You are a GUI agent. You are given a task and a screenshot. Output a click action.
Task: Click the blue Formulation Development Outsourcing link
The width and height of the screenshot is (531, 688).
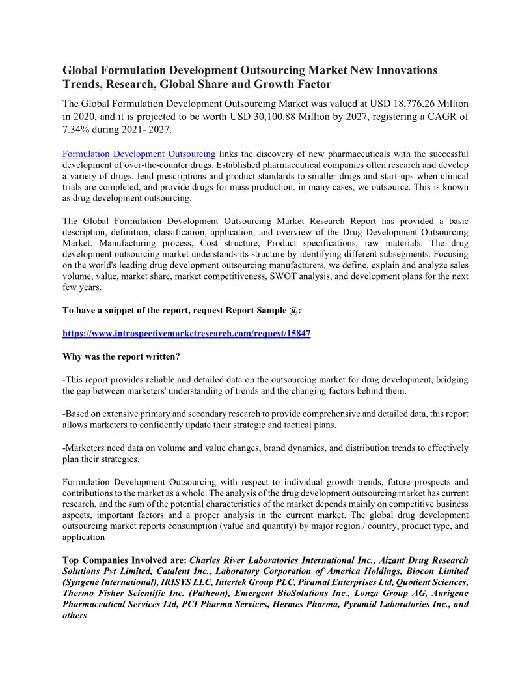coord(139,154)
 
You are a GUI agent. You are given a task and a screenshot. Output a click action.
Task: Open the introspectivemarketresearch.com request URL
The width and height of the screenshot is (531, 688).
coord(186,334)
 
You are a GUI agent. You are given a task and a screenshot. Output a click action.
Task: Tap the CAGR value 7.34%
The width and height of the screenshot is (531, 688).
coord(79,129)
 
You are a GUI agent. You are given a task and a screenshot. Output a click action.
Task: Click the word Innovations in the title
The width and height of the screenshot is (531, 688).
coord(404,70)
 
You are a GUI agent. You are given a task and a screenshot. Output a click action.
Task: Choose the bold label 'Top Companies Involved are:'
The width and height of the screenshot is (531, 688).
coord(124,560)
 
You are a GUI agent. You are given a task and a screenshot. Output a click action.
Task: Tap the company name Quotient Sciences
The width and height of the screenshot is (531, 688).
coord(429,582)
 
